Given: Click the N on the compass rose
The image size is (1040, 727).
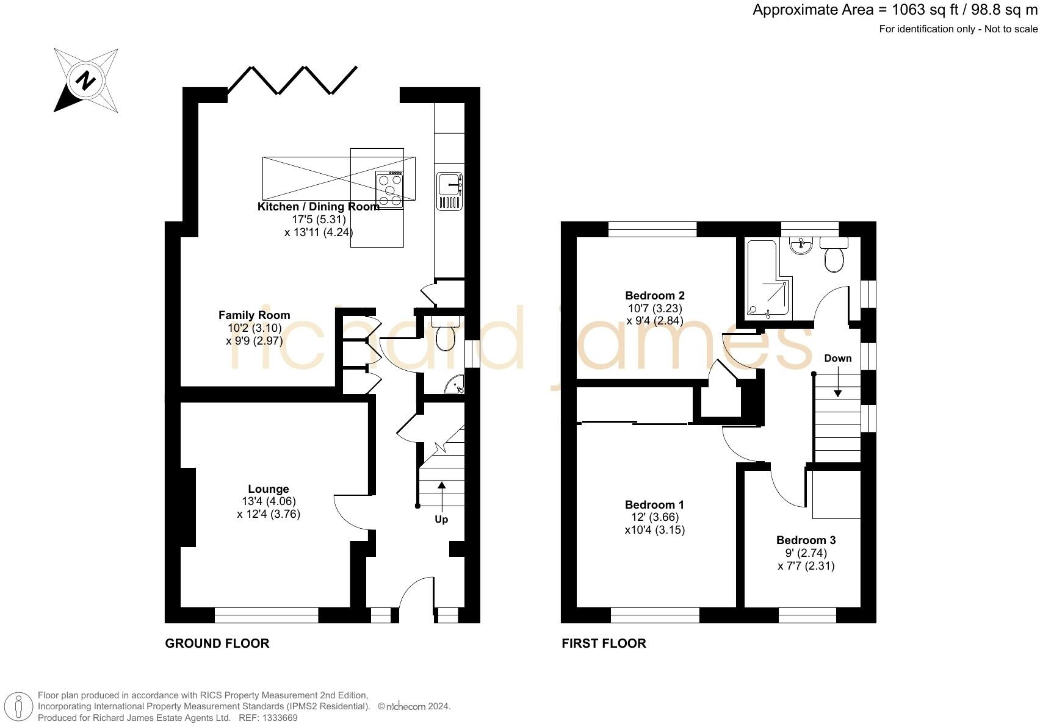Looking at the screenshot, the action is [x=85, y=81].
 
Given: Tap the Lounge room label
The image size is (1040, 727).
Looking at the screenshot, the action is [x=269, y=489].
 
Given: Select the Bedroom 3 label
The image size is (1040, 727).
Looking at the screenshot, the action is [x=806, y=540].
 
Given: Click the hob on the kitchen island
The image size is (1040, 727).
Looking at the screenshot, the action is [x=389, y=190].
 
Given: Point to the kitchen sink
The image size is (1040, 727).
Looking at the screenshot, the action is [x=449, y=191].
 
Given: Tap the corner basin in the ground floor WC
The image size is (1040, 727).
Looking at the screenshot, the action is [x=455, y=385].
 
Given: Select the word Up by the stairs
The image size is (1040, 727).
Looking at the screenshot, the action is [x=441, y=519].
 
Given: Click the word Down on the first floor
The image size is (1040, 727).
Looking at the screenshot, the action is [x=837, y=358].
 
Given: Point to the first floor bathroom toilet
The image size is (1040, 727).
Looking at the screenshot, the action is [x=834, y=255].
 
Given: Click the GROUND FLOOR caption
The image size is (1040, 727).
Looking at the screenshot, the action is [x=217, y=643].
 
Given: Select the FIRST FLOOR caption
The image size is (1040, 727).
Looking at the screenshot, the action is [x=604, y=643].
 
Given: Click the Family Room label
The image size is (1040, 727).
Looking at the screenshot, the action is [x=255, y=315].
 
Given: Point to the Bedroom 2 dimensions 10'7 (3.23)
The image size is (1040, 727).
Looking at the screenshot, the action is [x=655, y=308].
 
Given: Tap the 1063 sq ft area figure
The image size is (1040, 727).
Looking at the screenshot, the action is [x=925, y=10].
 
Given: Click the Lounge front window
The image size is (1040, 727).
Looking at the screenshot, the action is [x=267, y=615].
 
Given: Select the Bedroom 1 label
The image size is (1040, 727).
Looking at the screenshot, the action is [x=654, y=505].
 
